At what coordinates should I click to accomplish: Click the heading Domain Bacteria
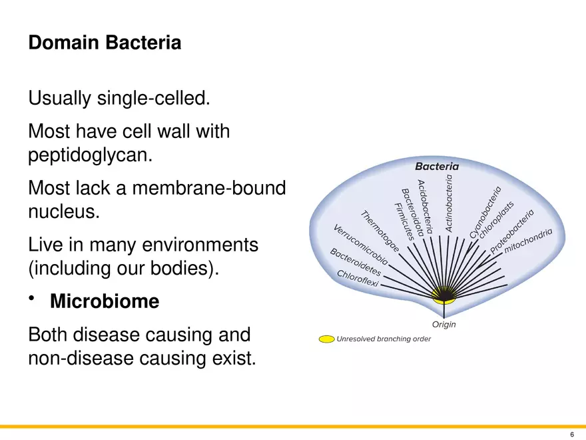pyautogui.click(x=105, y=43)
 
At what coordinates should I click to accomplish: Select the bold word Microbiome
pyautogui.click(x=105, y=302)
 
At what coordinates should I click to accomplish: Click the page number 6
pyautogui.click(x=571, y=434)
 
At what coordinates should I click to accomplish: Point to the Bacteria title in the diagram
pyautogui.click(x=437, y=166)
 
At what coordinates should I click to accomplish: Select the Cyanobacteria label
pyautogui.click(x=485, y=211)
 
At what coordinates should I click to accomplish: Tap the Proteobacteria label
pyautogui.click(x=513, y=231)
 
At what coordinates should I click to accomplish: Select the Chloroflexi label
pyautogui.click(x=358, y=279)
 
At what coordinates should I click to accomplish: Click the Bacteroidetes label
pyautogui.click(x=356, y=263)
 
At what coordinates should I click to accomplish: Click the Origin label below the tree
pyautogui.click(x=444, y=325)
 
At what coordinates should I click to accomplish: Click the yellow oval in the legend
pyautogui.click(x=326, y=339)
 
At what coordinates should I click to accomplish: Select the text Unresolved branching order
pyautogui.click(x=384, y=339)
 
